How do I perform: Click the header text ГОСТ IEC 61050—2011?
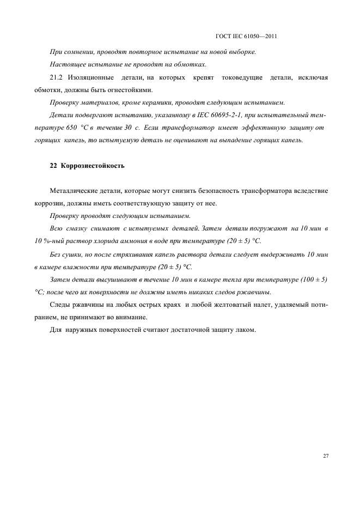pos(247,37)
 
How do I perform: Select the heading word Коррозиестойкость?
pos(93,165)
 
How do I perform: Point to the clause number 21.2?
pos(57,78)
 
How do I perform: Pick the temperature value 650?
pos(68,127)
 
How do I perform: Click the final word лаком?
pos(243,329)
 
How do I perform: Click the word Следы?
pos(60,304)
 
